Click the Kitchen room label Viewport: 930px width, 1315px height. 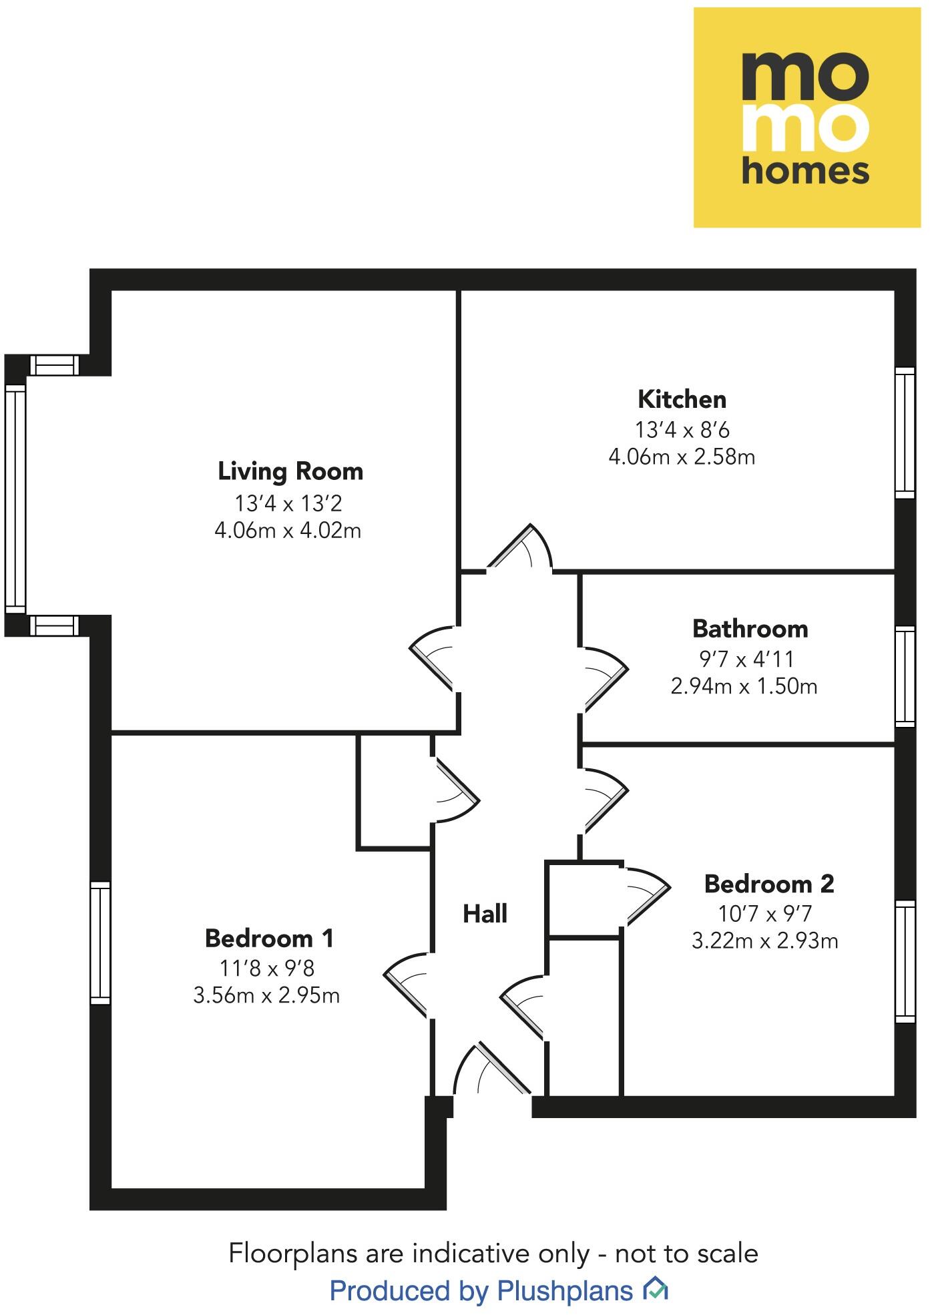(x=682, y=399)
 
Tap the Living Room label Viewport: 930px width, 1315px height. (x=290, y=471)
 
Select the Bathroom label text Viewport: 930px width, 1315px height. (x=750, y=629)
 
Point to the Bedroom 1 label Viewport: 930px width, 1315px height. (x=269, y=939)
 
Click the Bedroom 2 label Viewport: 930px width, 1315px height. (x=769, y=884)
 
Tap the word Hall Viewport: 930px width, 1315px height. (x=485, y=913)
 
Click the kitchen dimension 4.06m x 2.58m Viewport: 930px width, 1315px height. (x=682, y=457)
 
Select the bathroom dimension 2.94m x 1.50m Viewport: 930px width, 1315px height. (x=744, y=686)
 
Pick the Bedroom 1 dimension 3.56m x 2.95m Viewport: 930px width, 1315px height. (x=266, y=995)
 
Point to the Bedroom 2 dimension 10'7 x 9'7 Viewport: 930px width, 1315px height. (x=765, y=912)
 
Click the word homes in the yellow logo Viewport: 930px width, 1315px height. (x=805, y=171)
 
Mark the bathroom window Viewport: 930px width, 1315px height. (x=905, y=676)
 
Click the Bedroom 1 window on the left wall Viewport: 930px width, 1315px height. (x=100, y=943)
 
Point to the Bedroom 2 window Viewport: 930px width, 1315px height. (x=905, y=961)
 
